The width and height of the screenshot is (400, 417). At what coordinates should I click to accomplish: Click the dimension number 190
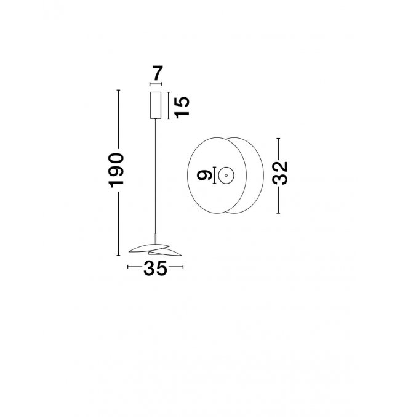[116, 170]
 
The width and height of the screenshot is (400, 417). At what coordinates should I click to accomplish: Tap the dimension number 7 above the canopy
[158, 73]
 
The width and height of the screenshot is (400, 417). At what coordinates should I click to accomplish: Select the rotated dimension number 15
[182, 107]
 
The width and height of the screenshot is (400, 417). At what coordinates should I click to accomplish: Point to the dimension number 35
[155, 268]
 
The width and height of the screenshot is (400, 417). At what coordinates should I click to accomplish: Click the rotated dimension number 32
[280, 173]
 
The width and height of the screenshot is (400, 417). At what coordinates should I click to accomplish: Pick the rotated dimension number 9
[204, 176]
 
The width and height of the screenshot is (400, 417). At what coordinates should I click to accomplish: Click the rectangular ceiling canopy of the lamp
[156, 105]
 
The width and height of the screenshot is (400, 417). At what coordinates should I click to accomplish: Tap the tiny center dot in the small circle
[226, 176]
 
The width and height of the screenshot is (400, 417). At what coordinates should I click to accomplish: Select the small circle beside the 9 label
[226, 176]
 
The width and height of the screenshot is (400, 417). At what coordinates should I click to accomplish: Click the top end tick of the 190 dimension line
[119, 90]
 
